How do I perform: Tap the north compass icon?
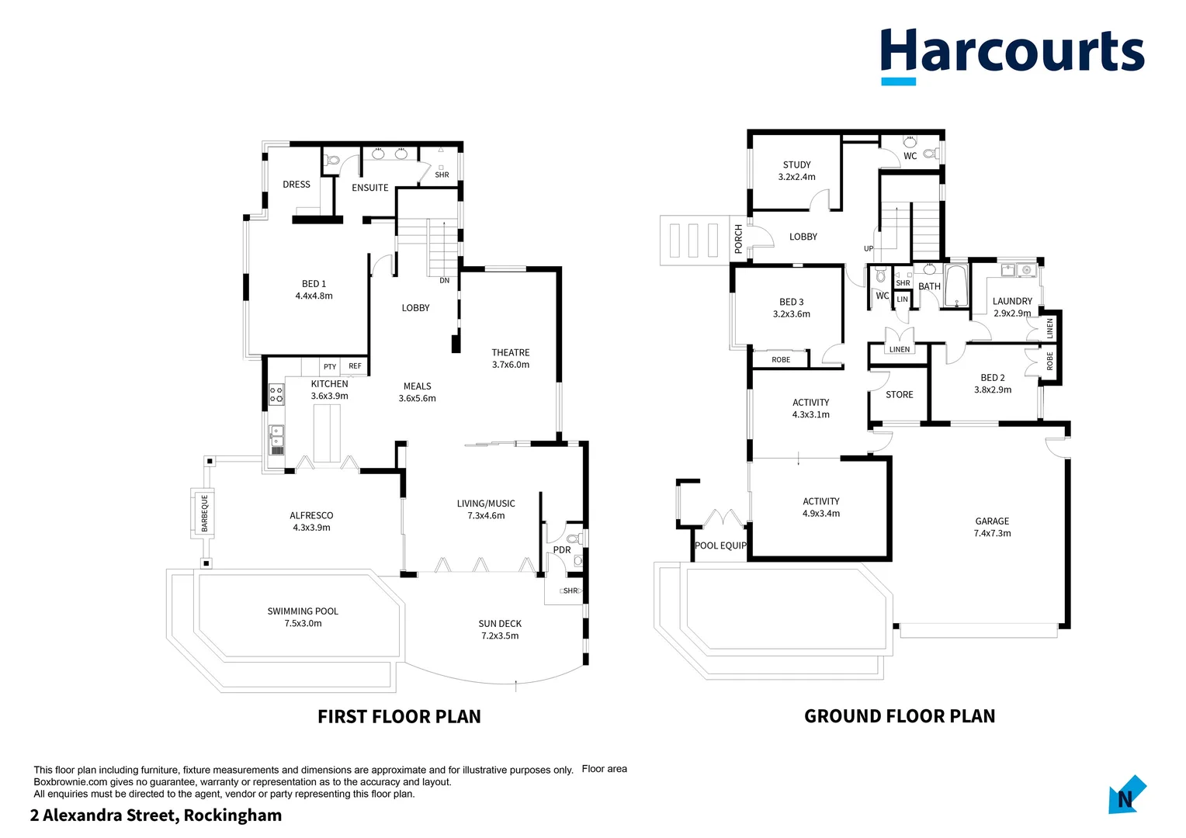1126,795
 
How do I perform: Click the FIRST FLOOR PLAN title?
399,716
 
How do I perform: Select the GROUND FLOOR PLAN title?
900,716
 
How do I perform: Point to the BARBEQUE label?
205,513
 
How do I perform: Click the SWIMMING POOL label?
303,611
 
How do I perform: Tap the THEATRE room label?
510,353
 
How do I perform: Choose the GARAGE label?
992,521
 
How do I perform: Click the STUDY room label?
796,165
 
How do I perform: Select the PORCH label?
738,238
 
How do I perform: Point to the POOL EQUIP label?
720,545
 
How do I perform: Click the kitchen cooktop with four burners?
276,394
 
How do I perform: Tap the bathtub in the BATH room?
956,286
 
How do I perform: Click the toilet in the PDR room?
574,538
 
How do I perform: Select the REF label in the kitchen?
355,366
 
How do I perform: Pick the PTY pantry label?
330,367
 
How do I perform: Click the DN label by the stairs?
444,281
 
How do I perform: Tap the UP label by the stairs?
869,249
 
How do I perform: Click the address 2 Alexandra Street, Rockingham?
156,815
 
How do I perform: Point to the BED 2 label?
992,378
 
